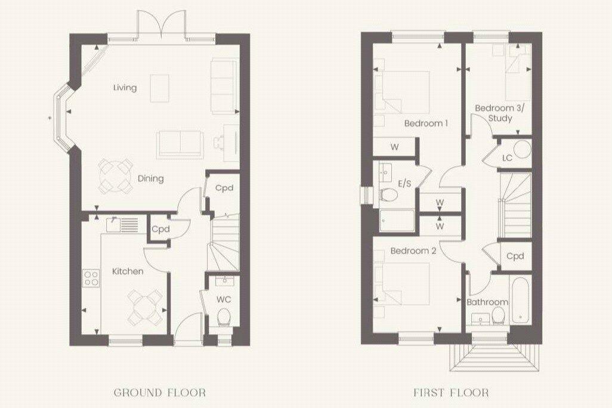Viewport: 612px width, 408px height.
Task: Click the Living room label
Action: pos(125,88)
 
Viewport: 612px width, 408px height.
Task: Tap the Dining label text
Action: pos(150,178)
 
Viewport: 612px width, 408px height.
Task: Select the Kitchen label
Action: pos(128,271)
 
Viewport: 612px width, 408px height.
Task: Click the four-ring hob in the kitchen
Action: pos(91,278)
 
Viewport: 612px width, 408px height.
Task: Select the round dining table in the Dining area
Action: pos(116,176)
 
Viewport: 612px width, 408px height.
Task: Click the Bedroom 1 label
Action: pos(426,123)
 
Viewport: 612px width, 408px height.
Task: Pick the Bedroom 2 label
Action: pos(413,251)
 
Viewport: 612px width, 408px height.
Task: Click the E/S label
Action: pos(404,183)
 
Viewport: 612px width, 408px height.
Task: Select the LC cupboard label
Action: pos(507,158)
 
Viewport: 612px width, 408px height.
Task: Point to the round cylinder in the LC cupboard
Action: pos(523,149)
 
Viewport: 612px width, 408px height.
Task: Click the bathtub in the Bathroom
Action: pos(519,299)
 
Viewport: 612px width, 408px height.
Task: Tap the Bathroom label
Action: pos(487,302)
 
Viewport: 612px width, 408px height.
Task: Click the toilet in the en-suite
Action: pos(389,194)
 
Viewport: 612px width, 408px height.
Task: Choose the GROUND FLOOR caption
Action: pos(160,392)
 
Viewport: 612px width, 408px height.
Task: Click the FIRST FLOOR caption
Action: pos(451,392)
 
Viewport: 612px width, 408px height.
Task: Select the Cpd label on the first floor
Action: pos(515,256)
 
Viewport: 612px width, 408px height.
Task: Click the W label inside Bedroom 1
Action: pos(395,147)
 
